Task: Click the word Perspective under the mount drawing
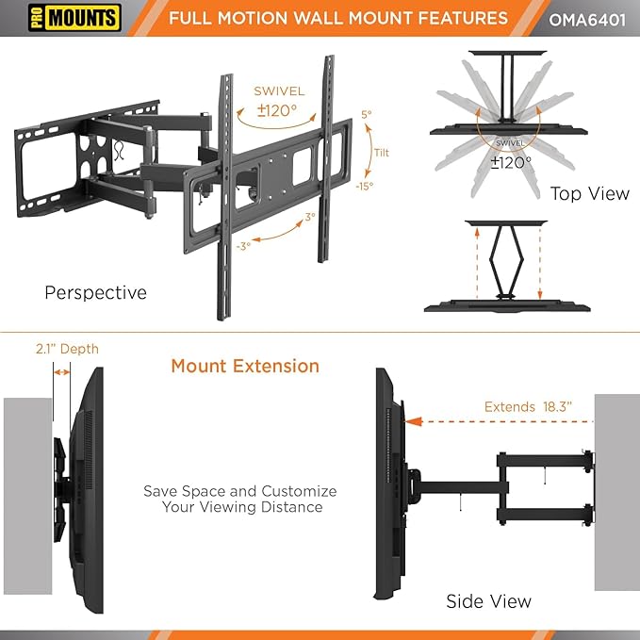(96, 293)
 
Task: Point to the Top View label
(590, 193)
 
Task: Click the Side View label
(488, 600)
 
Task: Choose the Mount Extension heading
(245, 366)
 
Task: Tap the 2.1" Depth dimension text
(67, 350)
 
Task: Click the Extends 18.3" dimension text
(528, 407)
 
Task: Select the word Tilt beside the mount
(381, 153)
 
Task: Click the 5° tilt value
(366, 114)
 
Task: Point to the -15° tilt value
(364, 186)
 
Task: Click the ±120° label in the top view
(511, 161)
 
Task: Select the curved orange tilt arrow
(368, 151)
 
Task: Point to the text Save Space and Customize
(239, 491)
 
